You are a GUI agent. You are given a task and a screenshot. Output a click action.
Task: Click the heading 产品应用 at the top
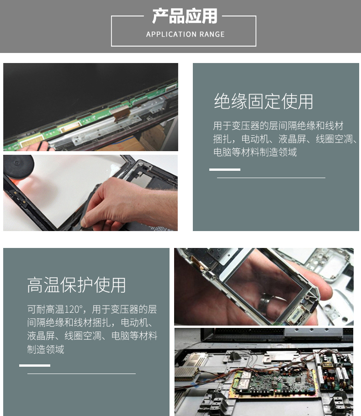point(185,16)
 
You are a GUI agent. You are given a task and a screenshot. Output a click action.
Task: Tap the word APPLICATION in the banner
point(171,34)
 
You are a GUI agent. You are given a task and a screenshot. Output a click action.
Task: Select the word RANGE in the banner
point(212,34)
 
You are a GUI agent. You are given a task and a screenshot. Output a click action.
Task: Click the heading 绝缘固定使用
point(263,101)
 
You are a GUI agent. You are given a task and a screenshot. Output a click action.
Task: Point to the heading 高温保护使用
point(76,285)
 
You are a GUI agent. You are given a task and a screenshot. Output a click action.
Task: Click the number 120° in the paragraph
point(74,309)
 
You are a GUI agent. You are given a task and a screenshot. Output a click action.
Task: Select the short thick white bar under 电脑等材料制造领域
point(224,169)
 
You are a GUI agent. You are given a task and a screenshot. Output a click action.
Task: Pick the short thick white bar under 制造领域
point(35,365)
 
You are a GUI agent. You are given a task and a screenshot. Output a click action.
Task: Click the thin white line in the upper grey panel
point(271,178)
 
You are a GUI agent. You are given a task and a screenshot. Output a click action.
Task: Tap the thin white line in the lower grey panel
point(81,374)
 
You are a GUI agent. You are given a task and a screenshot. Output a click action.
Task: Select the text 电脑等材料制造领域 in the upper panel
point(255,152)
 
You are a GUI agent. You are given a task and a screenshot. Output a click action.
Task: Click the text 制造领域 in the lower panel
point(46,349)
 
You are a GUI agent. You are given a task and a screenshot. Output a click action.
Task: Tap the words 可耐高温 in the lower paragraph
point(46,309)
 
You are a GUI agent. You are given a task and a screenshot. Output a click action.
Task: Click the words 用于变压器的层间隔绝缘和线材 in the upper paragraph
point(278,126)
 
